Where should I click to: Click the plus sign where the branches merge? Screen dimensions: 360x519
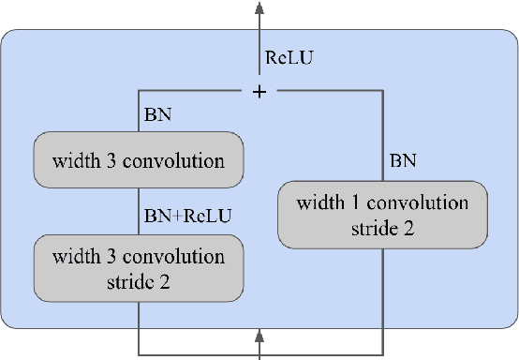click(259, 92)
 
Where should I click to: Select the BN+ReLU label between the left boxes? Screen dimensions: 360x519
click(187, 216)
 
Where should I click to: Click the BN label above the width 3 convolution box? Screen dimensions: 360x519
click(156, 115)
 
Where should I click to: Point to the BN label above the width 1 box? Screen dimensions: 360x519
click(403, 162)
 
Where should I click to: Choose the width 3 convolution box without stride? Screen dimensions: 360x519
click(138, 161)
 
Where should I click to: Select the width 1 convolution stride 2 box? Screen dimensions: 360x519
click(382, 216)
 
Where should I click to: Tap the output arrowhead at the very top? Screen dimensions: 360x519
click(259, 7)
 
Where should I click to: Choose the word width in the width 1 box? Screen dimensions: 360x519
click(318, 203)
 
